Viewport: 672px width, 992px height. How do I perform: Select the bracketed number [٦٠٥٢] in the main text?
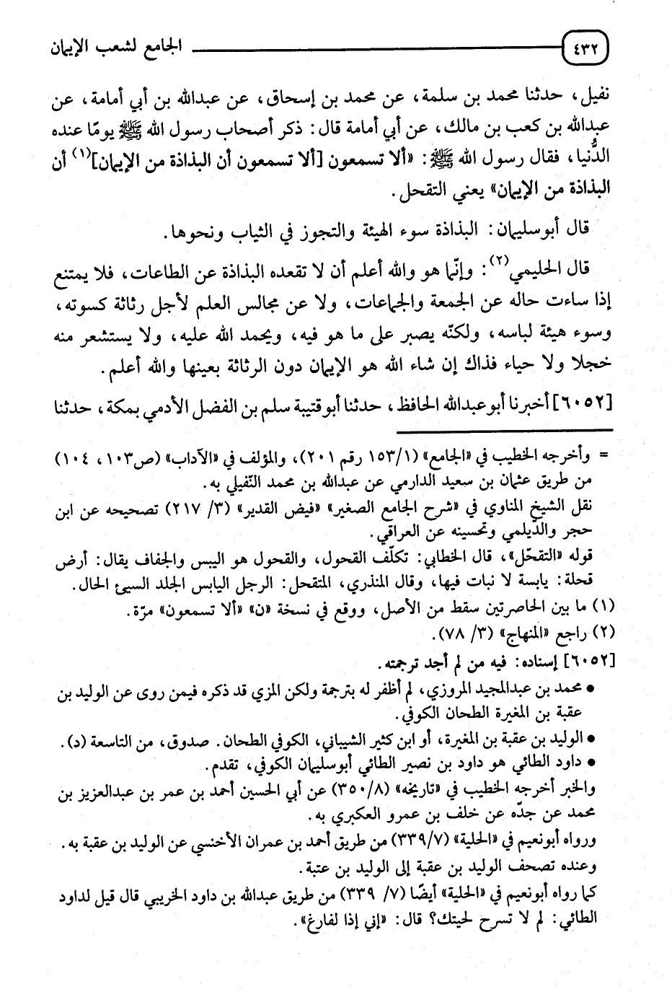[585, 400]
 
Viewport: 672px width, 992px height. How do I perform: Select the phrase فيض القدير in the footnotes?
[308, 507]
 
